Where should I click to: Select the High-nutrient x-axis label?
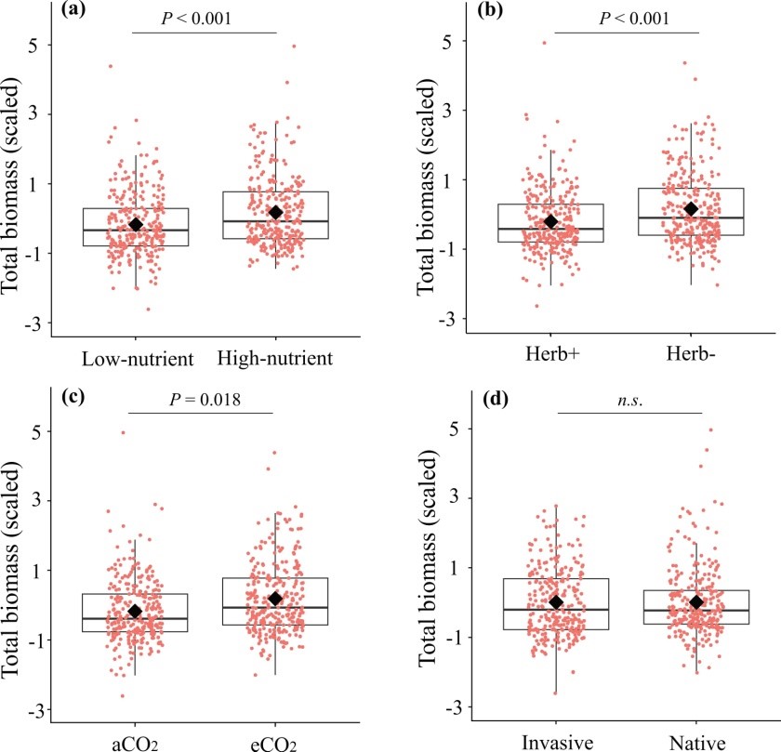[x=275, y=358]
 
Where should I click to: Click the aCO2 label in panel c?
[x=136, y=743]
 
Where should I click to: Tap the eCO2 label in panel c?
[x=275, y=743]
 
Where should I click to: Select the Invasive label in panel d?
[x=555, y=743]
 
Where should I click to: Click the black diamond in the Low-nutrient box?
[x=136, y=224]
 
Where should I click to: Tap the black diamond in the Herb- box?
[x=691, y=209]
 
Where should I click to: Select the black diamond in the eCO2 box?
[x=275, y=599]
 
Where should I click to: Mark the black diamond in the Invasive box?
[x=555, y=602]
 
